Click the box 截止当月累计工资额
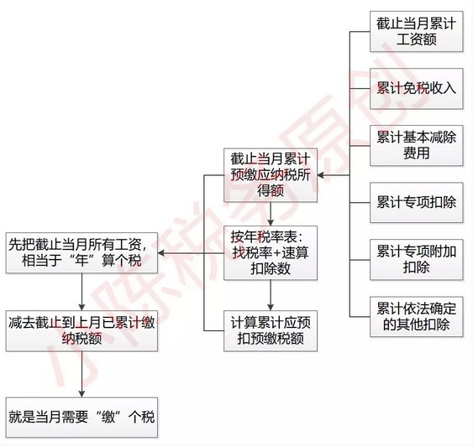pyautogui.click(x=416, y=31)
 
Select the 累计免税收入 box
pyautogui.click(x=416, y=89)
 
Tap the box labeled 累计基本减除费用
pyautogui.click(x=416, y=145)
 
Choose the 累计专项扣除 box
pyautogui.click(x=416, y=202)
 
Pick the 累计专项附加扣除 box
pyautogui.click(x=416, y=259)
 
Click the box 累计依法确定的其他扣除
pyautogui.click(x=416, y=316)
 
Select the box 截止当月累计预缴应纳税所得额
pyautogui.click(x=271, y=175)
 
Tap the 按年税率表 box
pyautogui.click(x=271, y=253)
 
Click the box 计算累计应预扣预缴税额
pyautogui.click(x=271, y=331)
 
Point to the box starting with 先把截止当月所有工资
pyautogui.click(x=81, y=253)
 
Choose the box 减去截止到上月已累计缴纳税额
pyautogui.click(x=81, y=331)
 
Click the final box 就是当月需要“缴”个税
pyautogui.click(x=81, y=417)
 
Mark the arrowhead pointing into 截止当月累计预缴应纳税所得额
pyautogui.click(x=320, y=175)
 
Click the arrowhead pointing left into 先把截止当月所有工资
pyautogui.click(x=160, y=253)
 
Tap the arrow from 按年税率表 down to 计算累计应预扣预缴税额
pyautogui.click(x=271, y=295)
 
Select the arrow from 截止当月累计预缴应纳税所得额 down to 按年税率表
pyautogui.click(x=271, y=214)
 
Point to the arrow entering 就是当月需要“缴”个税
pyautogui.click(x=81, y=374)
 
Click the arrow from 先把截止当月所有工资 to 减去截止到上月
pyautogui.click(x=81, y=292)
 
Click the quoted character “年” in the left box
pyautogui.click(x=81, y=261)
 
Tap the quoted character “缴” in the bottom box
pyautogui.click(x=108, y=417)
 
